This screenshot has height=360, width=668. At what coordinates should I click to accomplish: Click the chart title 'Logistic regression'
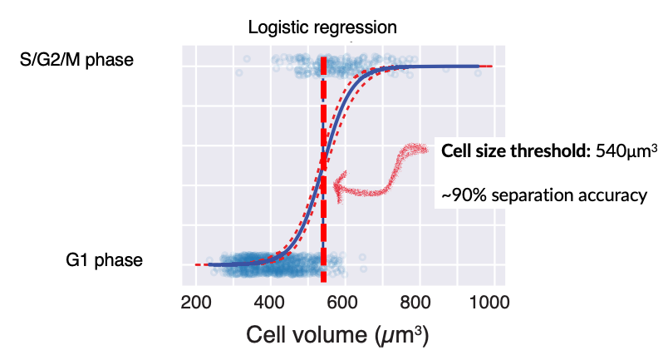point(322,27)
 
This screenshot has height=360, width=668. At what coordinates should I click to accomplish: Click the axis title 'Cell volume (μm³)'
point(338,335)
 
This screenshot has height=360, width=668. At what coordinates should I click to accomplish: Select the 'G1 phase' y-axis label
point(104,260)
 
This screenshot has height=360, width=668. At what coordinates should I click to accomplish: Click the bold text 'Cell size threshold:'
point(516,151)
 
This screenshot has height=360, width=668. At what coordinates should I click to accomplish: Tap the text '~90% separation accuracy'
point(543,195)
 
